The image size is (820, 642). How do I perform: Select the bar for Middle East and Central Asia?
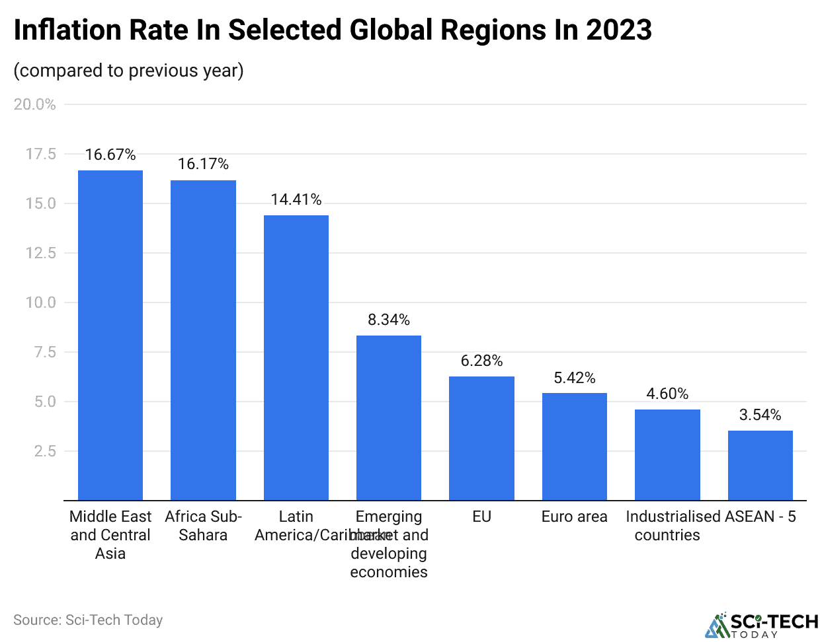click(110, 335)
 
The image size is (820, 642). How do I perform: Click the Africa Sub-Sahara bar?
click(203, 339)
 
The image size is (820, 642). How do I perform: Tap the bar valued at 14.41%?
click(296, 357)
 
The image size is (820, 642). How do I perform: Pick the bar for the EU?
click(481, 438)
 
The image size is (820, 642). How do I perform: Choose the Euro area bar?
click(575, 446)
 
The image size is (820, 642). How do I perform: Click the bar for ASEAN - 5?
click(760, 465)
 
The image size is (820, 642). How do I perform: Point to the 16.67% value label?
click(110, 155)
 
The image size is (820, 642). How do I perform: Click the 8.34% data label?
click(389, 320)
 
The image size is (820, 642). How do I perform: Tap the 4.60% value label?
click(667, 394)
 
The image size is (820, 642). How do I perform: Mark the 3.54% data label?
click(760, 415)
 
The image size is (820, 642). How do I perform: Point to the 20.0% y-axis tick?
click(35, 104)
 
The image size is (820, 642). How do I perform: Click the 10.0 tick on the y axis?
click(41, 303)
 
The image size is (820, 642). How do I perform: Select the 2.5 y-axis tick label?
click(45, 451)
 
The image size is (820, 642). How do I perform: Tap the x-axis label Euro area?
click(574, 517)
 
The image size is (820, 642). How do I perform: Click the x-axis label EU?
click(481, 517)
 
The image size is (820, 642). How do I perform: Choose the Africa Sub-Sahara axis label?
click(203, 526)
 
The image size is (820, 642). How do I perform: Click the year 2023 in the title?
click(618, 30)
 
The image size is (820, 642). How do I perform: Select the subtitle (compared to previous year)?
click(129, 71)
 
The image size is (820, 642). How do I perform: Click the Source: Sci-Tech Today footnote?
click(88, 620)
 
